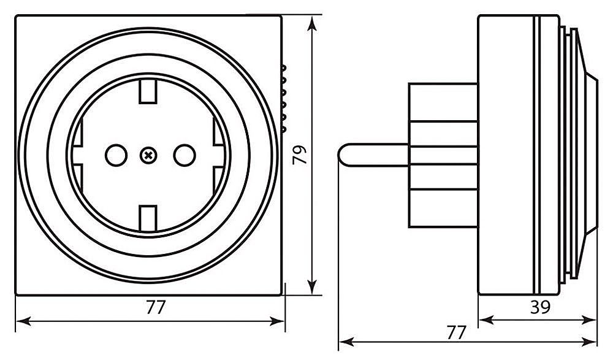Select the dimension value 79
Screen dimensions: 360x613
tap(299, 156)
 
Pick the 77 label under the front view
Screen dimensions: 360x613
tap(156, 307)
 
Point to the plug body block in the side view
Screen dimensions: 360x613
tap(443, 155)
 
